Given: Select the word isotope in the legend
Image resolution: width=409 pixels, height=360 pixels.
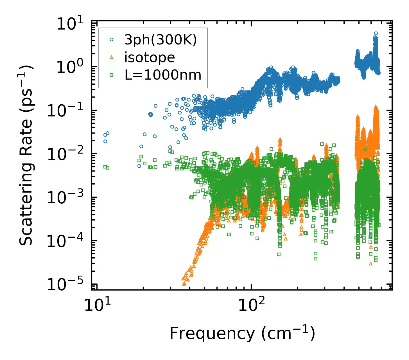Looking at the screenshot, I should pos(150,58).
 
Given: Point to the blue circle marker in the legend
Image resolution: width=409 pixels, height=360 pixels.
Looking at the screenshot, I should pos(111,40).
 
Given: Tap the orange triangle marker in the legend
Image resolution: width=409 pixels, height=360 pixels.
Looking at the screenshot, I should pos(111,57).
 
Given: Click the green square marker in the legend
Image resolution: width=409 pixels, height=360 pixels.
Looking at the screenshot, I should pos(111,75).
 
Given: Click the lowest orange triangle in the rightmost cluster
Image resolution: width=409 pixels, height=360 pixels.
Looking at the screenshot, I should pos(370,264).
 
